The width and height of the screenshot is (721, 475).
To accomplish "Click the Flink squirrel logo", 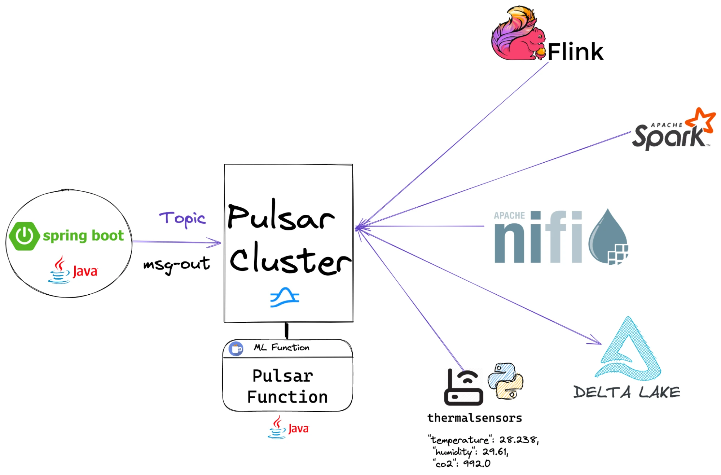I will pyautogui.click(x=518, y=34).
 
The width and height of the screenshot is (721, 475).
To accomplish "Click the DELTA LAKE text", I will pyautogui.click(x=627, y=392).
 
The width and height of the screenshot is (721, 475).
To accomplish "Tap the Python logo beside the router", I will pyautogui.click(x=505, y=381).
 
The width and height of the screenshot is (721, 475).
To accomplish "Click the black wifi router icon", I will pyautogui.click(x=463, y=387).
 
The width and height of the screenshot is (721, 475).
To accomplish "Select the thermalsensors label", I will pyautogui.click(x=475, y=418).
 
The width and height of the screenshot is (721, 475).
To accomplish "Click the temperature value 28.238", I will pyautogui.click(x=518, y=440).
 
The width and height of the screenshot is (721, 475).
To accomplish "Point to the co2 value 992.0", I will pyautogui.click(x=476, y=463).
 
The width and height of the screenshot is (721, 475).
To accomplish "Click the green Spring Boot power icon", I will pyautogui.click(x=24, y=236).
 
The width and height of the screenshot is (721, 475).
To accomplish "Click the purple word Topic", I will pyautogui.click(x=183, y=219).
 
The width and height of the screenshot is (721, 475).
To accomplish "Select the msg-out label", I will pyautogui.click(x=176, y=265).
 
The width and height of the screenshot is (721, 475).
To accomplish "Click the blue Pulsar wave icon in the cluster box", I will pyautogui.click(x=285, y=298).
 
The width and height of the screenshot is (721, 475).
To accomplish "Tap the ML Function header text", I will pyautogui.click(x=281, y=347).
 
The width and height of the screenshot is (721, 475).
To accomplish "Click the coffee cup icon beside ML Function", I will pyautogui.click(x=236, y=349).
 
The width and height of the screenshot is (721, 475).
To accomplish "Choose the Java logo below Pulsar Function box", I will pyautogui.click(x=288, y=428).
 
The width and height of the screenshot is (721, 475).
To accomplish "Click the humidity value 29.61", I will pyautogui.click(x=495, y=452).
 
